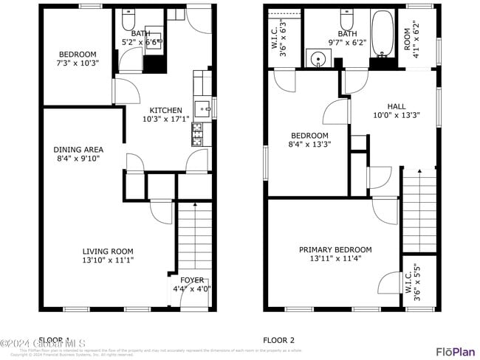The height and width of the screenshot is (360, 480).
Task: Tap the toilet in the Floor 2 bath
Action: point(346,16)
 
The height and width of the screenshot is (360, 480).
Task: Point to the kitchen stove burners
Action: point(197,134)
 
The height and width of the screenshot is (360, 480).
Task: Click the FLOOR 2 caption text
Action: point(278,340)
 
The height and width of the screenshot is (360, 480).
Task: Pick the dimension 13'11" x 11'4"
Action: point(335,259)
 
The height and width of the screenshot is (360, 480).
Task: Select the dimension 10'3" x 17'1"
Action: point(165,118)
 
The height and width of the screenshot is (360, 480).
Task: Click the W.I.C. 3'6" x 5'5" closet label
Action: point(413,283)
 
